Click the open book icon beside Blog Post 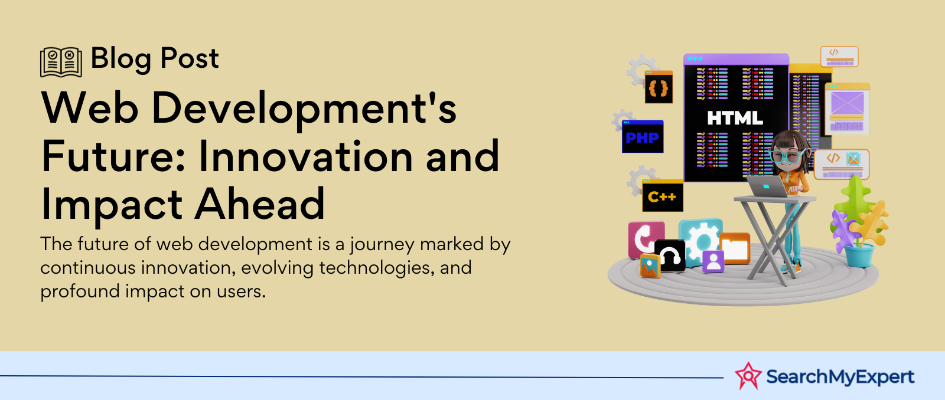61,62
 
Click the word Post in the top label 190,58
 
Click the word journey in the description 382,245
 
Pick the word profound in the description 80,291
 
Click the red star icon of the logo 748,376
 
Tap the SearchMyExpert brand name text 840,376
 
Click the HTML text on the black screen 735,118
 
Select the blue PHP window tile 643,136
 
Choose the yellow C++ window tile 662,195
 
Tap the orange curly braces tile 659,87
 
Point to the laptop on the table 768,186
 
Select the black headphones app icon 670,255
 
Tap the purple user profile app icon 713,261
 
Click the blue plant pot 859,255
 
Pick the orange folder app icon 735,248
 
